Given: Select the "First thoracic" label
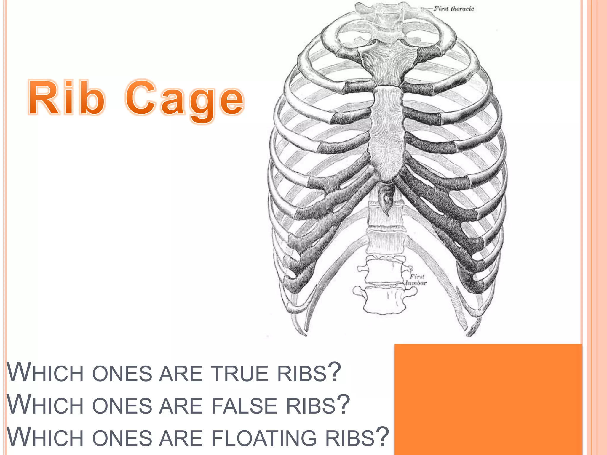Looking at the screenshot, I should (x=453, y=9).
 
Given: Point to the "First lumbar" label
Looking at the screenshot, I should (x=416, y=280).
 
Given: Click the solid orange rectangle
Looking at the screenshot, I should (x=488, y=399).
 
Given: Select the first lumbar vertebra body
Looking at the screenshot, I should (x=384, y=271).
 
